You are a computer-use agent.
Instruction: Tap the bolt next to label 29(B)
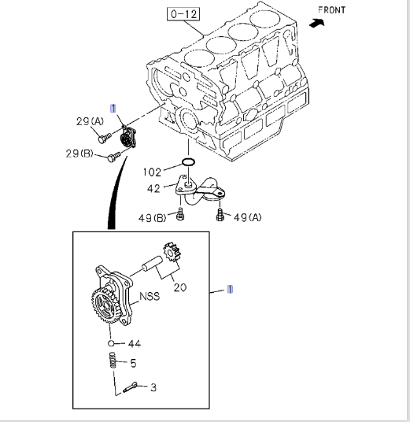click(113, 157)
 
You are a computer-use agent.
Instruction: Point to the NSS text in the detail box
click(150, 297)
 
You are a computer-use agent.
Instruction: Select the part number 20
click(180, 287)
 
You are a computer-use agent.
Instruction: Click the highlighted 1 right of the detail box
click(229, 289)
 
